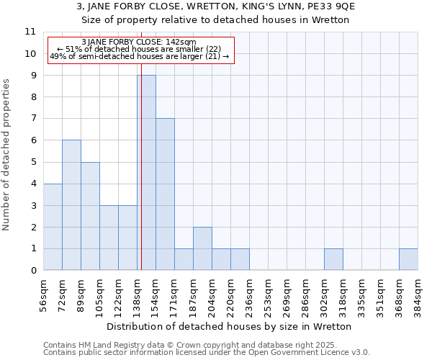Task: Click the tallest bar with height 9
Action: tap(146, 173)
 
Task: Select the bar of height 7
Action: tap(165, 194)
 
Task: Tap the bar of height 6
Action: tap(71, 205)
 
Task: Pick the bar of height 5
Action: tap(90, 216)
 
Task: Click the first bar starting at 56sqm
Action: tap(53, 227)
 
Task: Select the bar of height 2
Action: tap(202, 248)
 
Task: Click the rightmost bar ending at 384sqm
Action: tap(408, 259)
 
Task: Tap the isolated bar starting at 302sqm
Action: tap(333, 259)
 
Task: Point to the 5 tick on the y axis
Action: tap(33, 162)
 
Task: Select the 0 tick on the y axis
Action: tap(33, 271)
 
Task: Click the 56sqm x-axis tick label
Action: tap(44, 294)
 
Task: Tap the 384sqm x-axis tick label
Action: tap(418, 294)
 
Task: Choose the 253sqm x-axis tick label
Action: tap(269, 294)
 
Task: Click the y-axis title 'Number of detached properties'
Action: tap(7, 155)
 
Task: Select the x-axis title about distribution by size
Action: tap(230, 326)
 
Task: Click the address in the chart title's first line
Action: tap(216, 6)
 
